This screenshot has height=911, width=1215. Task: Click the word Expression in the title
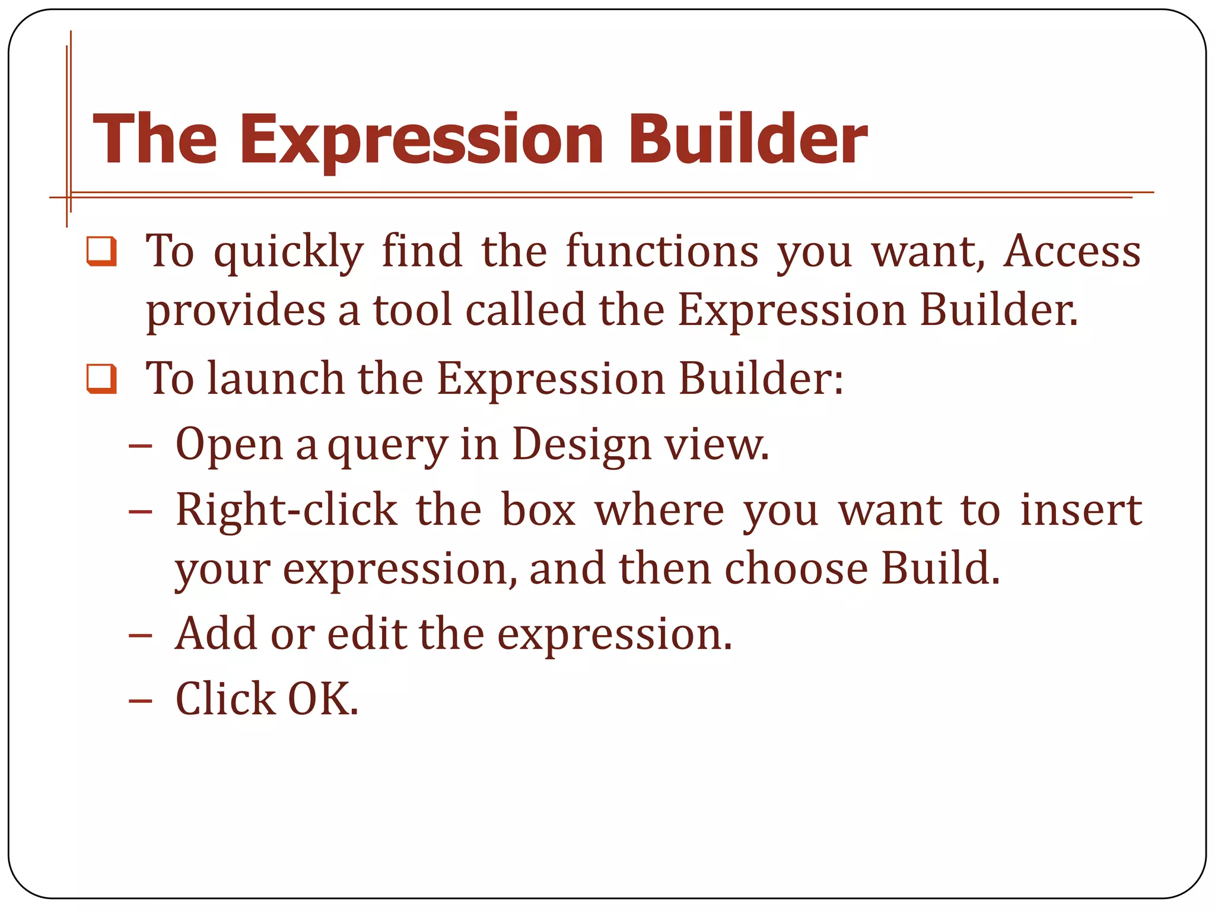[x=421, y=140]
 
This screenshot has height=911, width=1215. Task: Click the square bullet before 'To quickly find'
[x=101, y=251]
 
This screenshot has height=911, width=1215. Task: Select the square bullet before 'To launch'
[x=101, y=378]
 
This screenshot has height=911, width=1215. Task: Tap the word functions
[x=662, y=251]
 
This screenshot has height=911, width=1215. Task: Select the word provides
[x=236, y=311]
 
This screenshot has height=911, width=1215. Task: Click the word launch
[x=275, y=378]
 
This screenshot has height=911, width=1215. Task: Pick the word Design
[x=581, y=445]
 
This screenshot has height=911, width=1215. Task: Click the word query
[x=387, y=447]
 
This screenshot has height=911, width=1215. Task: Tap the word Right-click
[x=287, y=510]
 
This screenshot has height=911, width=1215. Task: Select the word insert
[x=1081, y=510]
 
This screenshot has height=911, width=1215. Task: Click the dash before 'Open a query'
[x=141, y=445]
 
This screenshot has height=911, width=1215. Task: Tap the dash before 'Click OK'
[x=141, y=700]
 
